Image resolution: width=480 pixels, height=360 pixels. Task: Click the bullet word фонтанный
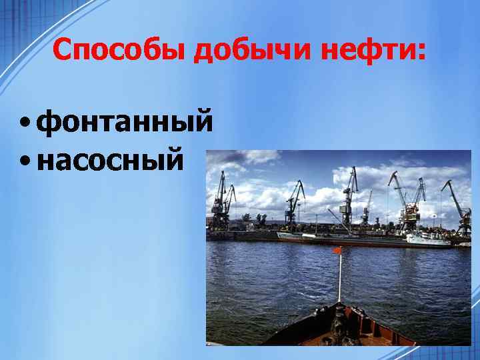[125, 123]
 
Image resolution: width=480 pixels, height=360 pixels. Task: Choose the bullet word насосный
[110, 161]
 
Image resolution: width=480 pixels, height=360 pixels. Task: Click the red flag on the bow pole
[337, 251]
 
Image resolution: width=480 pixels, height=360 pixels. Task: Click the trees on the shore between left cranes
[257, 219]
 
